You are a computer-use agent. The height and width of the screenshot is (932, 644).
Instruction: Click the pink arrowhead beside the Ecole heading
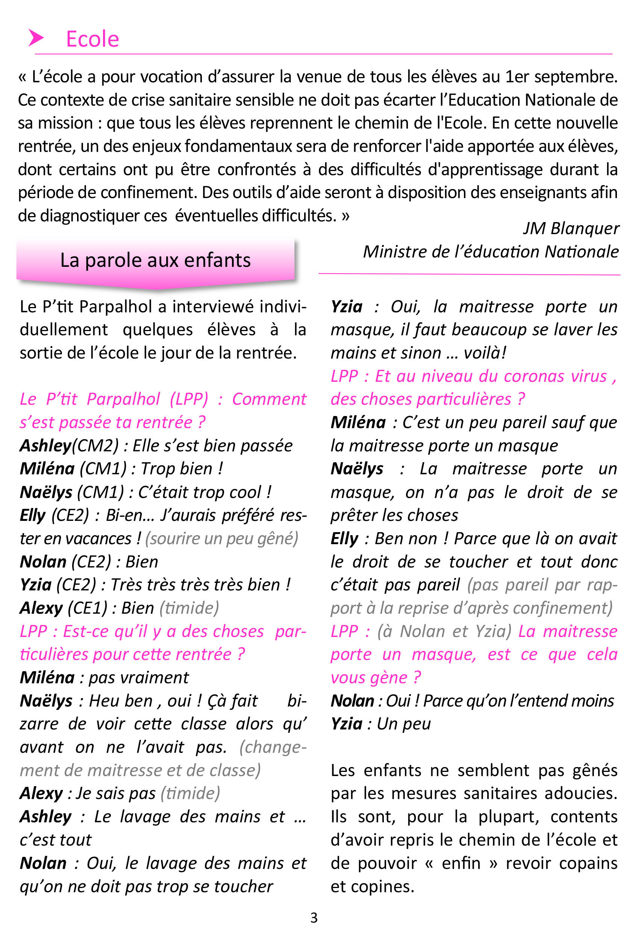[35, 38]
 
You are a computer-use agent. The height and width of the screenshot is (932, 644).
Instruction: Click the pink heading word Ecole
[92, 39]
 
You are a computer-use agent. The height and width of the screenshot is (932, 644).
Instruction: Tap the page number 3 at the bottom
[314, 917]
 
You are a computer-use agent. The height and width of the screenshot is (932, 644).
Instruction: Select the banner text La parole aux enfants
[155, 260]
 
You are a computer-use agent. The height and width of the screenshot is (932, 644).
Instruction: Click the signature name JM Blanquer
[571, 228]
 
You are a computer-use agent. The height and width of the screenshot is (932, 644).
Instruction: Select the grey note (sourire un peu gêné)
[221, 539]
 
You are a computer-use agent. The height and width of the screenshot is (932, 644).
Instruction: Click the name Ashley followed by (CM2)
[45, 446]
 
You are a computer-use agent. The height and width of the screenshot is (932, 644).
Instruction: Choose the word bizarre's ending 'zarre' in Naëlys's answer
[39, 724]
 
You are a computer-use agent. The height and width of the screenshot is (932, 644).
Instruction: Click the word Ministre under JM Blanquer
[394, 252]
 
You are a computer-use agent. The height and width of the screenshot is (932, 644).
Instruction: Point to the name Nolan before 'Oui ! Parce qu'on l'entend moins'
[352, 701]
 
